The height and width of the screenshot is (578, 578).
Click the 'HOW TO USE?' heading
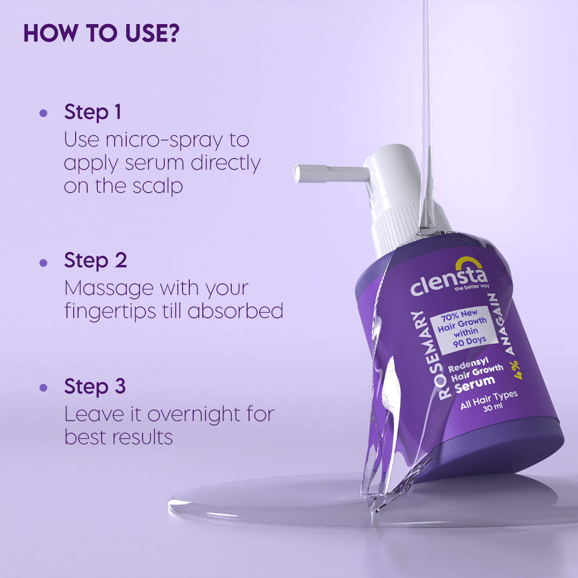pyautogui.click(x=101, y=33)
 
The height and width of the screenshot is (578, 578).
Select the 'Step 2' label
pyautogui.click(x=95, y=260)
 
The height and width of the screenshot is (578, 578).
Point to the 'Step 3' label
pyautogui.click(x=95, y=386)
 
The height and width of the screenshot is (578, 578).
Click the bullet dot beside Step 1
pyautogui.click(x=43, y=113)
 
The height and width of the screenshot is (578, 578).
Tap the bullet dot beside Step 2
pyautogui.click(x=43, y=263)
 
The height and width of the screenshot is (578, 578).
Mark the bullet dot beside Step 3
pyautogui.click(x=43, y=387)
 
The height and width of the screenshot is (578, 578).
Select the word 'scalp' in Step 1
pyautogui.click(x=158, y=186)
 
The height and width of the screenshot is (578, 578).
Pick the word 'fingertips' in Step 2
pyautogui.click(x=110, y=312)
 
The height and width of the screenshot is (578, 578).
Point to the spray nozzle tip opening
pyautogui.click(x=297, y=173)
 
